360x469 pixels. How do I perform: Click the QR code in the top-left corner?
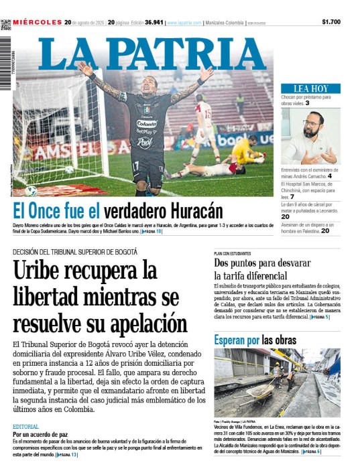point(6,25)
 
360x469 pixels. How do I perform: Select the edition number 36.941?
point(153,22)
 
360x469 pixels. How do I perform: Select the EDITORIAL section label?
point(25,426)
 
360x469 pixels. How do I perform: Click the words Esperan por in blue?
point(237,340)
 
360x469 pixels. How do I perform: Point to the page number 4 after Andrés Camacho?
point(330,176)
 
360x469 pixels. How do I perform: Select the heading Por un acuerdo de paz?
point(41,434)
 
